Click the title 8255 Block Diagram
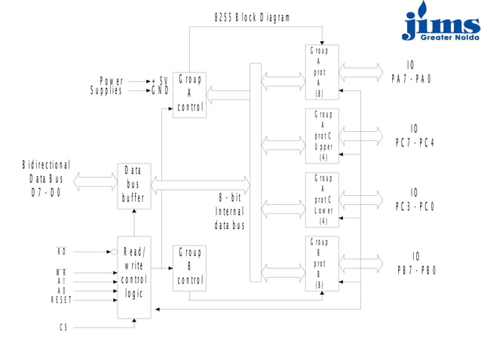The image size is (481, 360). tap(252, 17)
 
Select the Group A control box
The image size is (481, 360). tap(189, 94)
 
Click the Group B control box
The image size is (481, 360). tap(189, 268)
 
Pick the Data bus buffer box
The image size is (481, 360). tap(133, 186)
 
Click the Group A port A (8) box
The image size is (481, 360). tap(322, 72)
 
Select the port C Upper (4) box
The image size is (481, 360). tap(322, 136)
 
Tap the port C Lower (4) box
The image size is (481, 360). tap(322, 200)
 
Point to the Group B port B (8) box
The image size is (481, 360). tap(322, 264)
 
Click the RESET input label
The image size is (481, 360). tap(61, 300)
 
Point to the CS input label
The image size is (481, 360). tap(63, 328)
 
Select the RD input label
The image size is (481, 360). tap(62, 251)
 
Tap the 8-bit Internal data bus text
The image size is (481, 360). tap(230, 211)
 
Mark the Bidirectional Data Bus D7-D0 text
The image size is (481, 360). tap(46, 178)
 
